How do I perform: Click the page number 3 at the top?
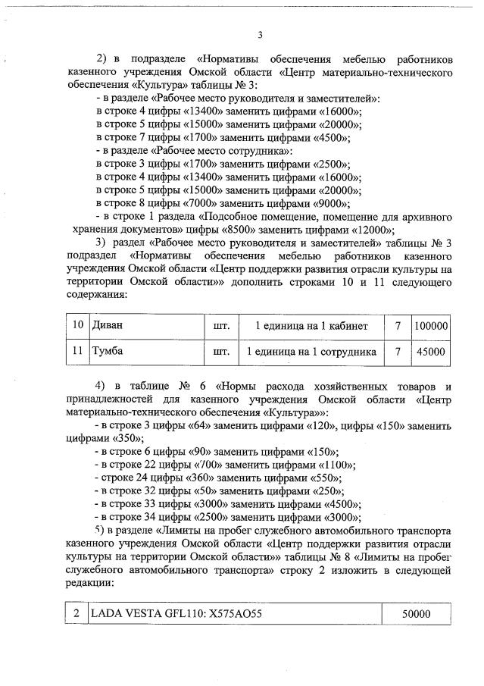[x=260, y=34]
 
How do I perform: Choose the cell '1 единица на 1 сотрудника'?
[x=311, y=352]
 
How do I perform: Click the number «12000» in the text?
[x=372, y=230]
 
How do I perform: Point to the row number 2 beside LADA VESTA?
[x=77, y=614]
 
